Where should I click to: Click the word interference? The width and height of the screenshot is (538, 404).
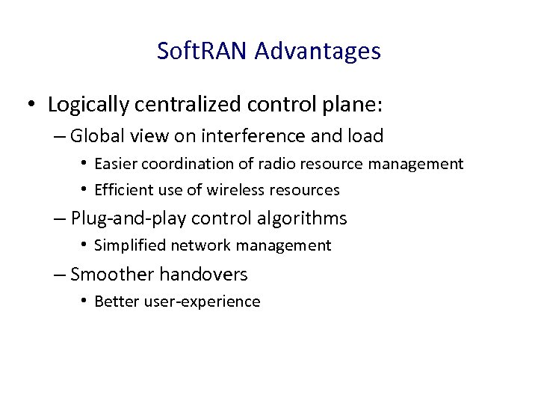pos(262,136)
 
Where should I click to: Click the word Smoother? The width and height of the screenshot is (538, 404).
pos(108,275)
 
